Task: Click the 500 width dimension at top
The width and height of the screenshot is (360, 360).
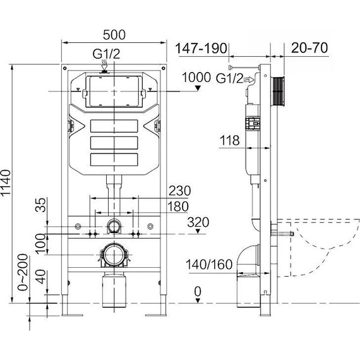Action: click(x=114, y=32)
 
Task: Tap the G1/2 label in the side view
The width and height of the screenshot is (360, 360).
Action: click(x=229, y=78)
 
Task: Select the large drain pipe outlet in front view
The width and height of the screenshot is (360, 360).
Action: click(x=114, y=256)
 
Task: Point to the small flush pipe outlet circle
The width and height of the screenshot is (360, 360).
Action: click(x=114, y=226)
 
